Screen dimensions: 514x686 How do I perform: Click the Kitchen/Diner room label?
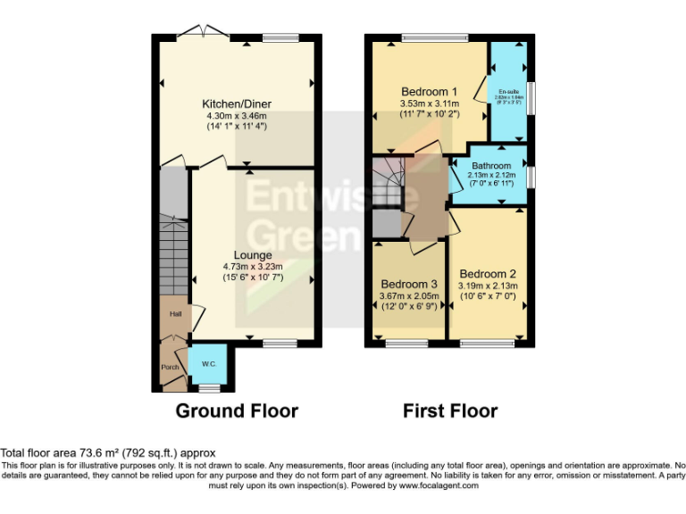point(237,104)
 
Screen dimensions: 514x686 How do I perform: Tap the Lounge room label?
point(253,255)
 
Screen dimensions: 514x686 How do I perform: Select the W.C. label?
point(208,363)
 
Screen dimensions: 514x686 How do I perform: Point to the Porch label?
point(170,367)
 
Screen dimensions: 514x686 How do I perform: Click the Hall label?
point(175,314)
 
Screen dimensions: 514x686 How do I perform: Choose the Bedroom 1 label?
point(429,92)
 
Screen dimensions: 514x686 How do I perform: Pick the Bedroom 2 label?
point(488,274)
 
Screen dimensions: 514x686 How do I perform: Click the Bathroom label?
point(491,166)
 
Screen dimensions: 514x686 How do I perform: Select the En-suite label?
point(509,92)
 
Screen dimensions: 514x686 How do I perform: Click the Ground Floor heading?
point(237,411)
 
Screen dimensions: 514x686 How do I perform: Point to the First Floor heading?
point(450,411)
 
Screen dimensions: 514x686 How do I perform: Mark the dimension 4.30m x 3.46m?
point(237,115)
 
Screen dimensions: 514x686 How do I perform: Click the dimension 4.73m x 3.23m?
point(253,266)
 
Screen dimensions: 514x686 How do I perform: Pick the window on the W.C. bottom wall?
point(208,388)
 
